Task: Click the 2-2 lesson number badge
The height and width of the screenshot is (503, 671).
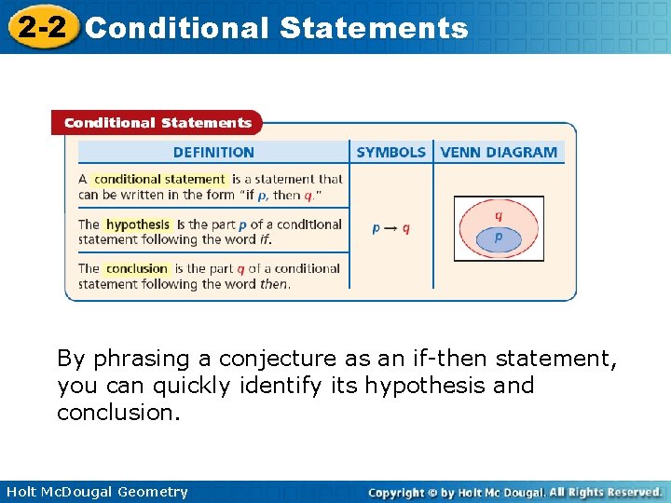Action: click(x=41, y=27)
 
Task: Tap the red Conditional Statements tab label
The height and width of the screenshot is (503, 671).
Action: click(x=157, y=123)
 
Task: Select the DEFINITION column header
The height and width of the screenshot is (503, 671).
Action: click(x=213, y=153)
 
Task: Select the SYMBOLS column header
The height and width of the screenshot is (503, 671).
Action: click(x=390, y=153)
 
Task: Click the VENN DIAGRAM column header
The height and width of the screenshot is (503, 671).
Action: click(x=499, y=153)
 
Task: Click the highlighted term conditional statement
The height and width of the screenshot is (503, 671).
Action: click(x=159, y=179)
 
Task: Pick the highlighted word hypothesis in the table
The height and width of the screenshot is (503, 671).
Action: click(x=138, y=224)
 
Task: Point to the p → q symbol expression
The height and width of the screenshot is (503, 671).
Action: click(x=390, y=228)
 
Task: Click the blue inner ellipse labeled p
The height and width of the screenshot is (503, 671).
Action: click(x=498, y=239)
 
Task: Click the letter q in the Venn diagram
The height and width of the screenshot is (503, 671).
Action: click(x=499, y=215)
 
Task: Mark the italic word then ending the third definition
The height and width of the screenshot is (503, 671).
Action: click(x=273, y=284)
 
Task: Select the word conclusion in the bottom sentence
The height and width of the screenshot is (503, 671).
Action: click(x=116, y=413)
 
